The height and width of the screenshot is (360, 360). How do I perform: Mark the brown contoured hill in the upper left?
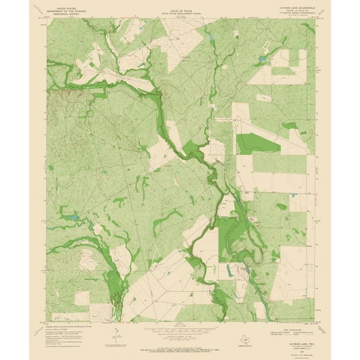tap(65, 94)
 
